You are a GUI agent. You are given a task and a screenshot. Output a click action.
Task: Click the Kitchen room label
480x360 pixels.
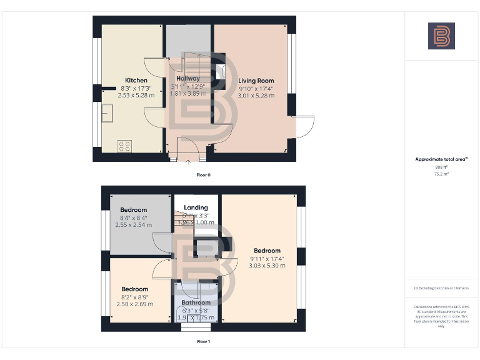pyautogui.click(x=136, y=80)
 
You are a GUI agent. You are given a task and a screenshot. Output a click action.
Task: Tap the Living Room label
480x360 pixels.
pyautogui.click(x=256, y=81)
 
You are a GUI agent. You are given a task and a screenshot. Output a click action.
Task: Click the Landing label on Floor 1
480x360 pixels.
pyautogui.click(x=196, y=207)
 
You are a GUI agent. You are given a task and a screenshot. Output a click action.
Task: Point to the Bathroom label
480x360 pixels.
pyautogui.click(x=196, y=302)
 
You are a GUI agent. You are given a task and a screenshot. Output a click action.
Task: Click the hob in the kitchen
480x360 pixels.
pyautogui.click(x=124, y=146)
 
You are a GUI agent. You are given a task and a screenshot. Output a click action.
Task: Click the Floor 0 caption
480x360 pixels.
pyautogui.click(x=203, y=175)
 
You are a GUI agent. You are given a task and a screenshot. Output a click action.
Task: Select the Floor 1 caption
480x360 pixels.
pyautogui.click(x=203, y=342)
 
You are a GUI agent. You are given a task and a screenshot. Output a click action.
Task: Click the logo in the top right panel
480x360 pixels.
pyautogui.click(x=441, y=36)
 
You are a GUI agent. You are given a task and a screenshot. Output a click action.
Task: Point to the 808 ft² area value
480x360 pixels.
pyautogui.click(x=441, y=167)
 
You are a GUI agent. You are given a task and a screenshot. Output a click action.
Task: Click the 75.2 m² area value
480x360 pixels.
pyautogui.click(x=441, y=174)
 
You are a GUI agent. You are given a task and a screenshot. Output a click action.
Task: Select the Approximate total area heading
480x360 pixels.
pyautogui.click(x=441, y=159)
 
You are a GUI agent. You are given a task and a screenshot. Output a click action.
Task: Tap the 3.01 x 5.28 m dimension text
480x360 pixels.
pyautogui.click(x=256, y=96)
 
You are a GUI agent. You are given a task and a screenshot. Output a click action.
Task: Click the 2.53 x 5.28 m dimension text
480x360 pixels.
pyautogui.click(x=136, y=95)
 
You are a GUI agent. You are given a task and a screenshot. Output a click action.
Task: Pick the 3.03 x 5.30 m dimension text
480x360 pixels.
pyautogui.click(x=267, y=266)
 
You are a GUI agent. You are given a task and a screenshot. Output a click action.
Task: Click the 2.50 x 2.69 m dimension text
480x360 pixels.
pyautogui.click(x=135, y=304)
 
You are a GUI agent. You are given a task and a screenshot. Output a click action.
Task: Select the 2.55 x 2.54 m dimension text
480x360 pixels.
pyautogui.click(x=134, y=224)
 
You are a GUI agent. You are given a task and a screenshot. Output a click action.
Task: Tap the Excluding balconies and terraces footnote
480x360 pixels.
pyautogui.click(x=441, y=288)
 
